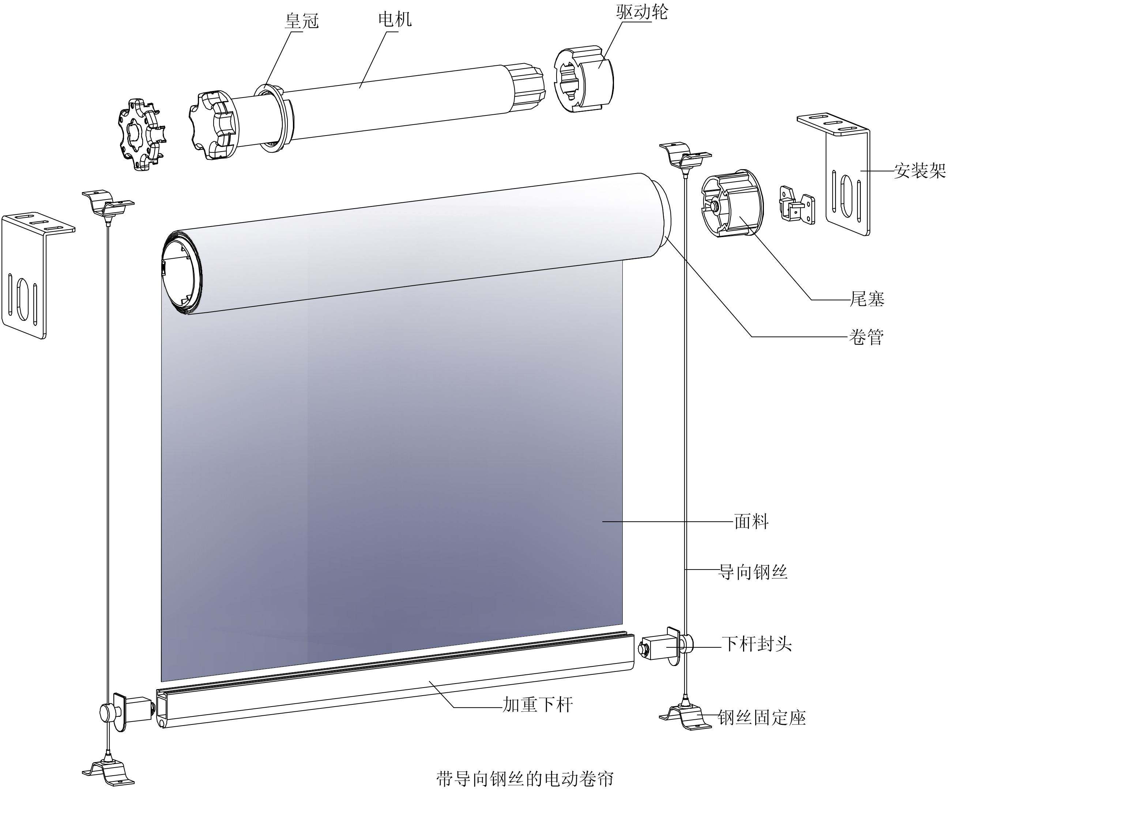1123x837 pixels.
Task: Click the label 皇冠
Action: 302,21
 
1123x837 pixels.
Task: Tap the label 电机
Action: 395,19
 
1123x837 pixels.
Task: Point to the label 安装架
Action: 920,171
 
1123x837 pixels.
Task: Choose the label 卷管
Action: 866,336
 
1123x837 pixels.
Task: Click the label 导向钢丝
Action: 753,572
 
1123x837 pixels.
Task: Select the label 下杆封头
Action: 757,644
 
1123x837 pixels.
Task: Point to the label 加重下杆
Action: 538,704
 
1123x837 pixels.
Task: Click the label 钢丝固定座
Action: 761,718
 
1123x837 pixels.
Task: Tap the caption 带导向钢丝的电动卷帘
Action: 525,779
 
